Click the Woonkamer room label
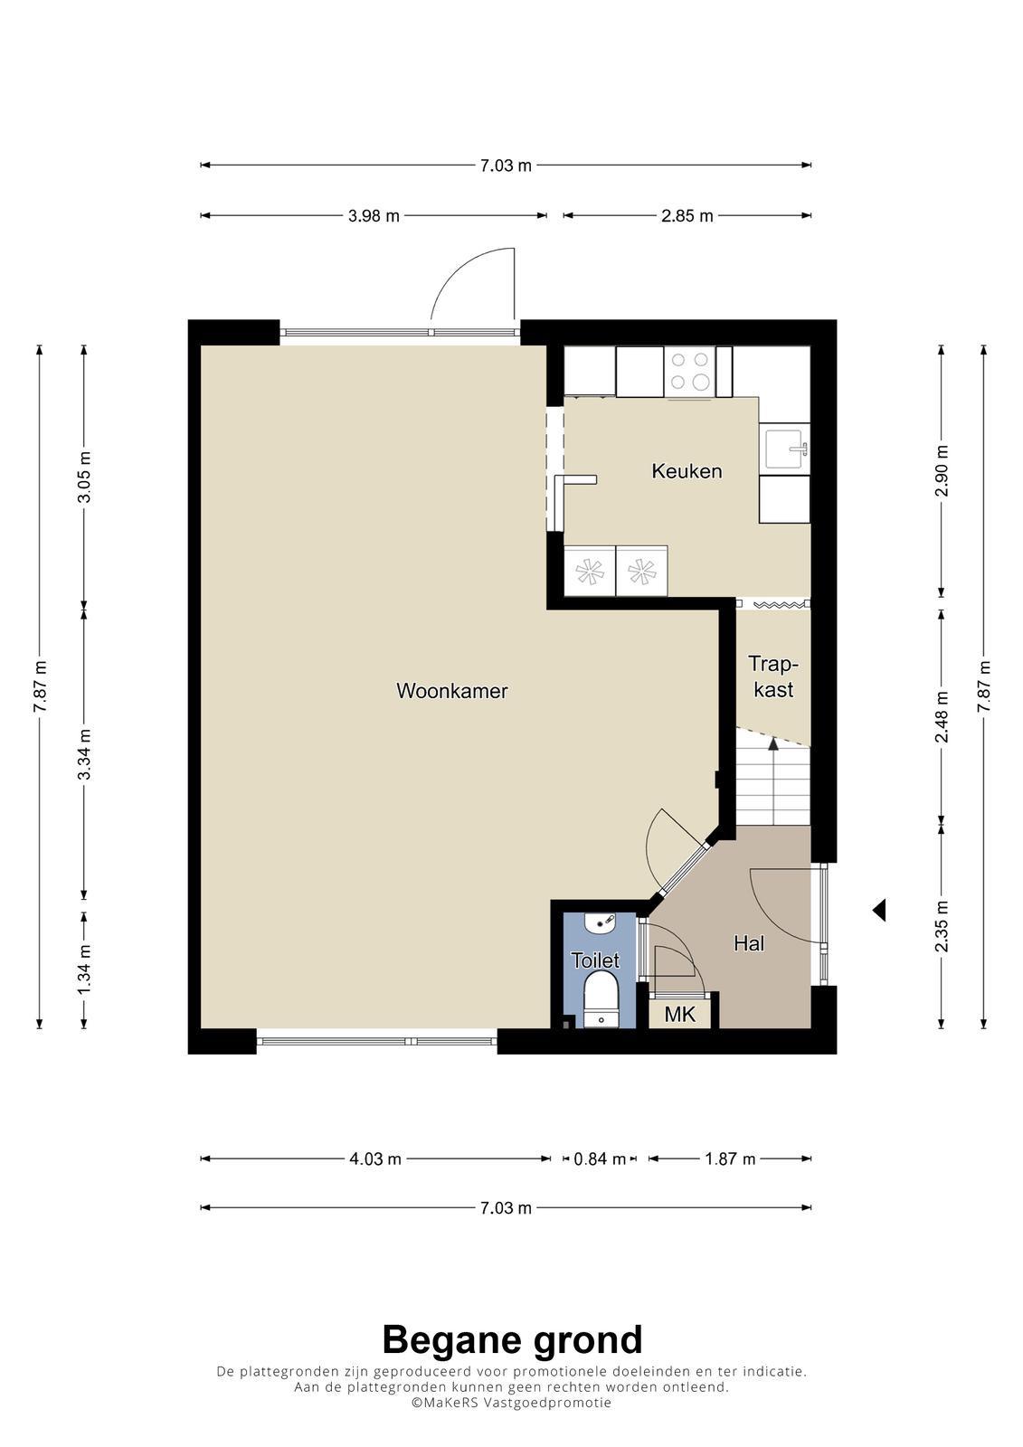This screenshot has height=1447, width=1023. coord(451,691)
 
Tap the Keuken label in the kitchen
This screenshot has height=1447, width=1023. coord(687,471)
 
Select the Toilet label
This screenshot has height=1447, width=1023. coord(595,960)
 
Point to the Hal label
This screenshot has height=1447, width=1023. coord(749,944)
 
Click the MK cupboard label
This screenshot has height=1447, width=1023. coord(680,1015)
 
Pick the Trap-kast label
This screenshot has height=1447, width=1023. coord(773,676)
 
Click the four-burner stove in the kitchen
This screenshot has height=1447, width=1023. coord(690,372)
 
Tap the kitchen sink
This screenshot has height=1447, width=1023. coord(784,449)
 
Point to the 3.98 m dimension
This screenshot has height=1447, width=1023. coord(374,216)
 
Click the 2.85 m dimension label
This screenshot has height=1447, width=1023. coord(687,216)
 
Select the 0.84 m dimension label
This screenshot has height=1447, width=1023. coord(600,1159)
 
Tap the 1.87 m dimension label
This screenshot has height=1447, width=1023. coord(730,1159)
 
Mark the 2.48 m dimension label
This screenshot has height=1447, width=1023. coord(942,717)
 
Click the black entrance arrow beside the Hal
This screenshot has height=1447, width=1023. coord(879,910)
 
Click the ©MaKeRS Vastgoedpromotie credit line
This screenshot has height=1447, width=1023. coord(511,1403)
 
